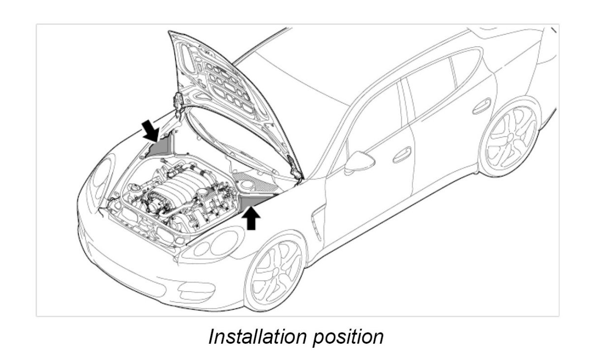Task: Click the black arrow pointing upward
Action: pos(251,218)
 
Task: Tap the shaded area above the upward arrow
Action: pos(253,199)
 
